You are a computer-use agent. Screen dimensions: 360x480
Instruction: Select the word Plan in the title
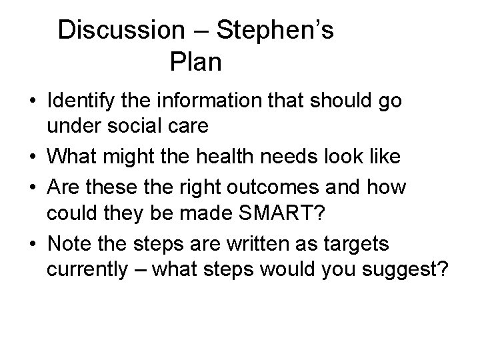click(x=195, y=63)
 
